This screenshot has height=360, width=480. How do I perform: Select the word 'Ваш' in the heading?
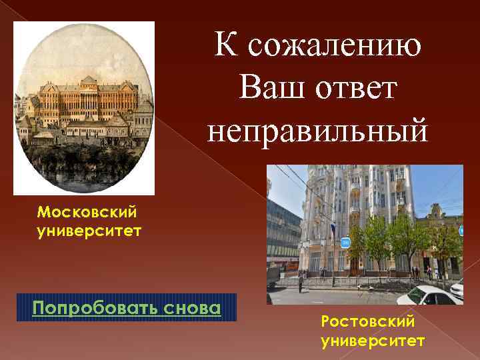(x=270, y=89)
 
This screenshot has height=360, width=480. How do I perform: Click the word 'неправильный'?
(x=317, y=129)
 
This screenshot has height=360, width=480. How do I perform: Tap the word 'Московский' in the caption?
(x=87, y=212)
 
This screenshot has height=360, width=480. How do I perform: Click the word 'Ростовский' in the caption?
(x=367, y=322)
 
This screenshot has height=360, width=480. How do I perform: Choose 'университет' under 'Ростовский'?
(x=372, y=341)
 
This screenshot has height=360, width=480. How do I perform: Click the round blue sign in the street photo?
(x=346, y=242)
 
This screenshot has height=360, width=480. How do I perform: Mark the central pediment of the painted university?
(x=87, y=81)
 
